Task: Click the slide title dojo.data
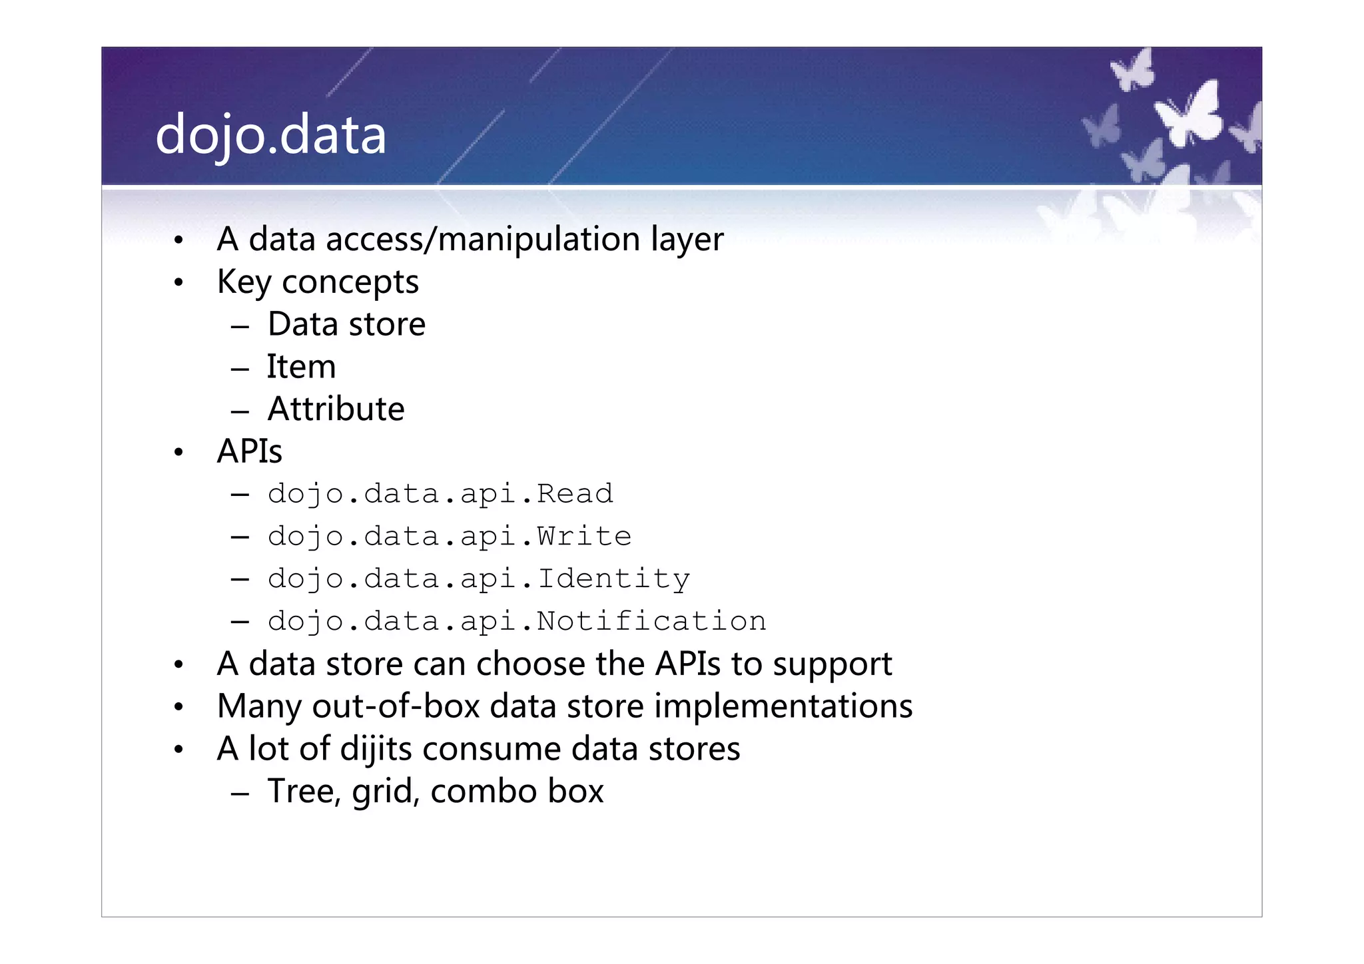pos(270,135)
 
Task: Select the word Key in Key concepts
pos(244,282)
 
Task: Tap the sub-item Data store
pos(346,325)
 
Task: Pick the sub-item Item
pos(301,367)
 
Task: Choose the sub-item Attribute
pos(336,409)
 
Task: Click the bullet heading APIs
pos(250,451)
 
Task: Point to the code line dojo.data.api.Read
pos(440,494)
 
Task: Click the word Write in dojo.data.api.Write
pos(584,537)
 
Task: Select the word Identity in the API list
pos(613,579)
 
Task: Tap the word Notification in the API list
pos(651,622)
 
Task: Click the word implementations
pos(783,706)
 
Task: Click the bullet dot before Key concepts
pos(178,284)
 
